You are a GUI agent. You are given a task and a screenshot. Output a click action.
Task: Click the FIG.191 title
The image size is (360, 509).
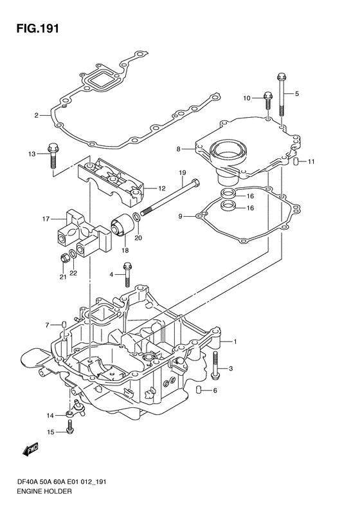click(38, 28)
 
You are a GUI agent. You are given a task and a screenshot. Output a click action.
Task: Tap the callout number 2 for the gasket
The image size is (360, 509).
click(37, 115)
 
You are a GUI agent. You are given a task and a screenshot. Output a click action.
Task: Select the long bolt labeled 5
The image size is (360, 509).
click(281, 95)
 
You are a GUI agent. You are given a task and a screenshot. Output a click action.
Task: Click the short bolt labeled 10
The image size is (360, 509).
click(268, 101)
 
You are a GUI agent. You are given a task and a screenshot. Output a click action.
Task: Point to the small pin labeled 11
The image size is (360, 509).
click(296, 161)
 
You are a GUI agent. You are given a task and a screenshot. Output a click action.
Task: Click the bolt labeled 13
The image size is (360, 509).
click(52, 156)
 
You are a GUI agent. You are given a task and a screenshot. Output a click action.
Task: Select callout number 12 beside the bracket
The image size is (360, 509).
click(162, 189)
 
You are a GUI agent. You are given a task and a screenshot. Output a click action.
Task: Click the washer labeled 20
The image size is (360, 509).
click(137, 217)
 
